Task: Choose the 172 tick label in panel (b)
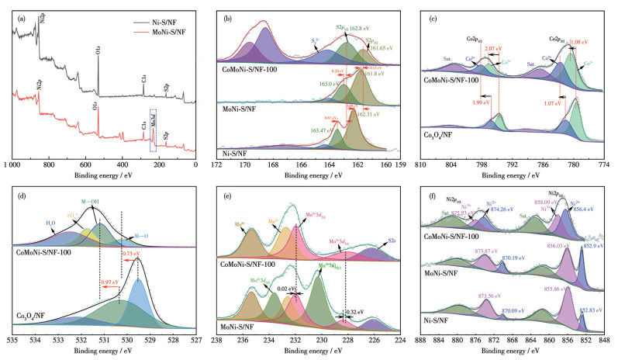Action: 219,165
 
